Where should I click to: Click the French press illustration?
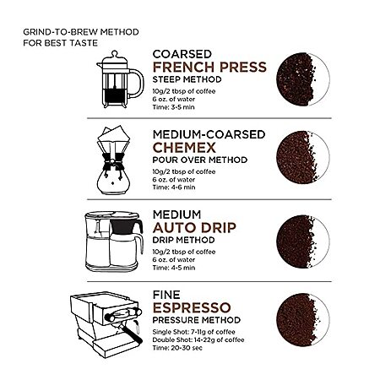[x=120, y=79]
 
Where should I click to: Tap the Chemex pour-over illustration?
[x=113, y=160]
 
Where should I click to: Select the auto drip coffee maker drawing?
[x=114, y=242]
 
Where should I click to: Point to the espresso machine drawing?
[x=106, y=324]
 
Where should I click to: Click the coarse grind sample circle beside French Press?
[x=303, y=79]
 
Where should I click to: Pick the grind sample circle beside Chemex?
[x=303, y=157]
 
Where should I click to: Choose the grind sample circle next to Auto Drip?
[x=303, y=242]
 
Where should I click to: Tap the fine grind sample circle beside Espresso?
[x=303, y=320]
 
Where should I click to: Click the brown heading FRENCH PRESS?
[x=209, y=67]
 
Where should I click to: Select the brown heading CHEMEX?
[x=184, y=148]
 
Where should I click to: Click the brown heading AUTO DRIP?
[x=194, y=228]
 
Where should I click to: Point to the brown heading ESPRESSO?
[x=192, y=307]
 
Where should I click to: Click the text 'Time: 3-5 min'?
[x=173, y=107]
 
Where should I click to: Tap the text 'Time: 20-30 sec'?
[x=177, y=348]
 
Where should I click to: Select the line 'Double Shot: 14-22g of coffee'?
[x=198, y=339]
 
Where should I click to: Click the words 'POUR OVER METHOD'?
[x=200, y=160]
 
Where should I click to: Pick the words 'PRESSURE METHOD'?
[x=197, y=320]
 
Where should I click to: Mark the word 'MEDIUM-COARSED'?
[x=209, y=134]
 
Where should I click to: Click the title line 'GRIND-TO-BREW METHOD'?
[x=81, y=32]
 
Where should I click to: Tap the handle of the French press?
[x=138, y=83]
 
